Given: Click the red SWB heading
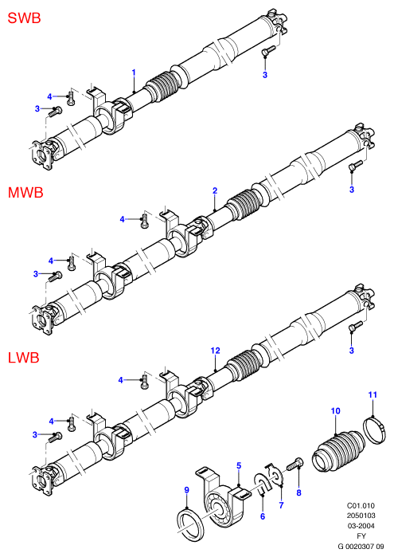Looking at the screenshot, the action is pos(24,18).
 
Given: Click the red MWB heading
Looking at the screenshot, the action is pos(25,193).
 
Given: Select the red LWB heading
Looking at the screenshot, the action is pos(23,357).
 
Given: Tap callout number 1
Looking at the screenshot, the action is pos(134,73).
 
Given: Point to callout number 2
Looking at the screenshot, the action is pos(215,190).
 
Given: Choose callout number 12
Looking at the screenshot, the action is pos(216,351).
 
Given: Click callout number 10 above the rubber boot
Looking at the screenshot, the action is pos(335,411).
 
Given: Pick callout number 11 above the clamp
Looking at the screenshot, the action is pos(373,394).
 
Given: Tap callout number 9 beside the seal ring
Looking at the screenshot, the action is pos(187,490).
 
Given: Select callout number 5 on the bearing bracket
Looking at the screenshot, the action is pos(239,465).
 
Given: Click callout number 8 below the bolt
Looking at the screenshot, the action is pos(298,492).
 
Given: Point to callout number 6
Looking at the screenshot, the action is pos(263,516).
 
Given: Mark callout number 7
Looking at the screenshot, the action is pos(282,505).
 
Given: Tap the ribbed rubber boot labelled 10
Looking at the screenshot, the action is pos(338,451).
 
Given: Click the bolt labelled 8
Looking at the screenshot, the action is pos(295,464).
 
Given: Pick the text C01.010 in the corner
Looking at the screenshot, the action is pos(361,506).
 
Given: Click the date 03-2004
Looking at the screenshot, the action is pos(361,526).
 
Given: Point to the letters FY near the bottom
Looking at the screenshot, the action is pos(361,536).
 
